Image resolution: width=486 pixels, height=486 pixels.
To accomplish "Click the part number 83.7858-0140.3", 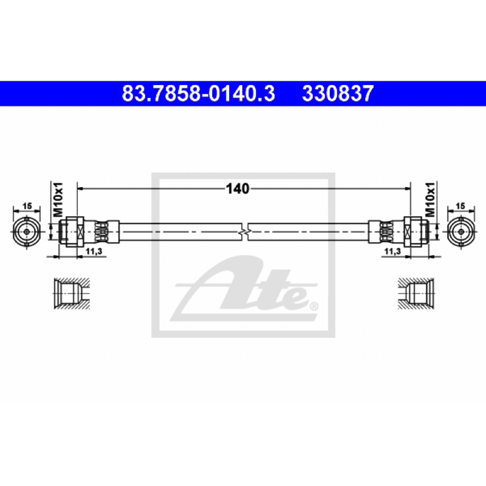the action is pyautogui.click(x=199, y=94).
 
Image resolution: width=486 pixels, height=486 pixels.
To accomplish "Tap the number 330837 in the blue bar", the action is pyautogui.click(x=338, y=94).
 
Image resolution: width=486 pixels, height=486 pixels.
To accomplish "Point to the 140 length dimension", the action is pyautogui.click(x=238, y=188).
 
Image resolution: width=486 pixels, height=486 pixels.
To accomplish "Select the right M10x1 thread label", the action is pyautogui.click(x=430, y=199).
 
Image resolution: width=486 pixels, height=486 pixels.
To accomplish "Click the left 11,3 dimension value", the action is pyautogui.click(x=94, y=252).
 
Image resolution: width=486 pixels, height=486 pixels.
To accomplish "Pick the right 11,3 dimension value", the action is pyautogui.click(x=392, y=252).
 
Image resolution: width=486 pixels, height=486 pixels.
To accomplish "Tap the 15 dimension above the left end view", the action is pyautogui.click(x=27, y=206).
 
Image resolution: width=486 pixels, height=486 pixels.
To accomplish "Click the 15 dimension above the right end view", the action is pyautogui.click(x=460, y=206).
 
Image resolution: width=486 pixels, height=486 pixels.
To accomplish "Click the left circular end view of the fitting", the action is pyautogui.click(x=27, y=232).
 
